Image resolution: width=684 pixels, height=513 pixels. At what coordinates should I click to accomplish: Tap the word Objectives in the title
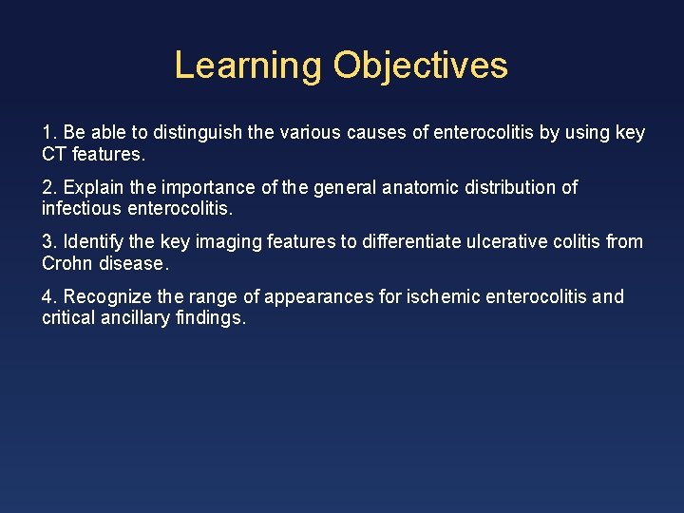[421, 66]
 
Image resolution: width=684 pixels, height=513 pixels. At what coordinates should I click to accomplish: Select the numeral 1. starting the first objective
[48, 133]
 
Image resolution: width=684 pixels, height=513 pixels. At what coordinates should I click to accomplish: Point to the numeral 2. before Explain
[48, 188]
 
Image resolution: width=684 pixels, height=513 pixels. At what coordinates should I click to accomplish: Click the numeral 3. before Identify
[48, 242]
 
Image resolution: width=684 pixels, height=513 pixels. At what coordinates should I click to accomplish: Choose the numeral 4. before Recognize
[48, 297]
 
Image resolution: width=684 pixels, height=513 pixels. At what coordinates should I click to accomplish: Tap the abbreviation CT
[53, 153]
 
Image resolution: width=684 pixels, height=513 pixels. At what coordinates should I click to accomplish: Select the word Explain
[93, 188]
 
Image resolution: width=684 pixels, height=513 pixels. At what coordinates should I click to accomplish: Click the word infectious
[83, 208]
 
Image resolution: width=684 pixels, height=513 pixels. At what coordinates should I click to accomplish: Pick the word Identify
[94, 242]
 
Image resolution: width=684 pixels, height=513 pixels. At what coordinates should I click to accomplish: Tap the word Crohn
[65, 263]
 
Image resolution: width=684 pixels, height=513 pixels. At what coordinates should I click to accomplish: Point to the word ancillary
[134, 318]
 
